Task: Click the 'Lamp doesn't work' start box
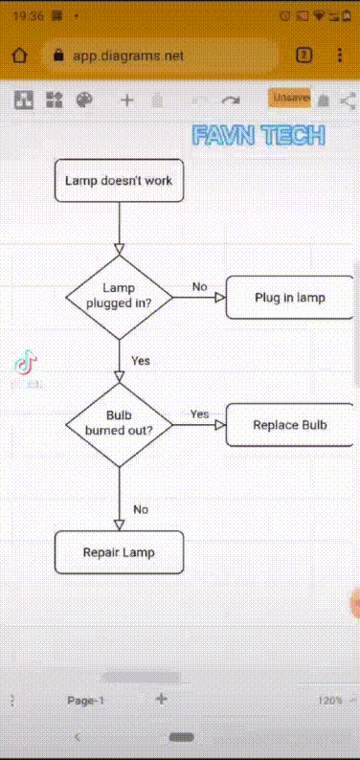point(119,180)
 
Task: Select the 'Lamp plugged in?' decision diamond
point(119,297)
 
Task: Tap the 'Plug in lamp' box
point(290,297)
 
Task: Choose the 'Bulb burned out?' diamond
point(119,424)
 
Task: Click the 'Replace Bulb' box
point(290,424)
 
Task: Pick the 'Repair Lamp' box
point(119,552)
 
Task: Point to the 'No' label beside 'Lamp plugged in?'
point(199,286)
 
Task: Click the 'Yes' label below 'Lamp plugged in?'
point(141,361)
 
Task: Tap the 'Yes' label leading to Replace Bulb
point(199,414)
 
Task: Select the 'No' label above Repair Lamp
point(141,509)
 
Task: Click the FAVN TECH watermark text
point(259,135)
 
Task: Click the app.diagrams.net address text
point(128,56)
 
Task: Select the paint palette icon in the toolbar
point(84,100)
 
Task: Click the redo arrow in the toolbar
point(230,100)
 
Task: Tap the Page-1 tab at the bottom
point(85,701)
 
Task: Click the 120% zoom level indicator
point(330,701)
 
